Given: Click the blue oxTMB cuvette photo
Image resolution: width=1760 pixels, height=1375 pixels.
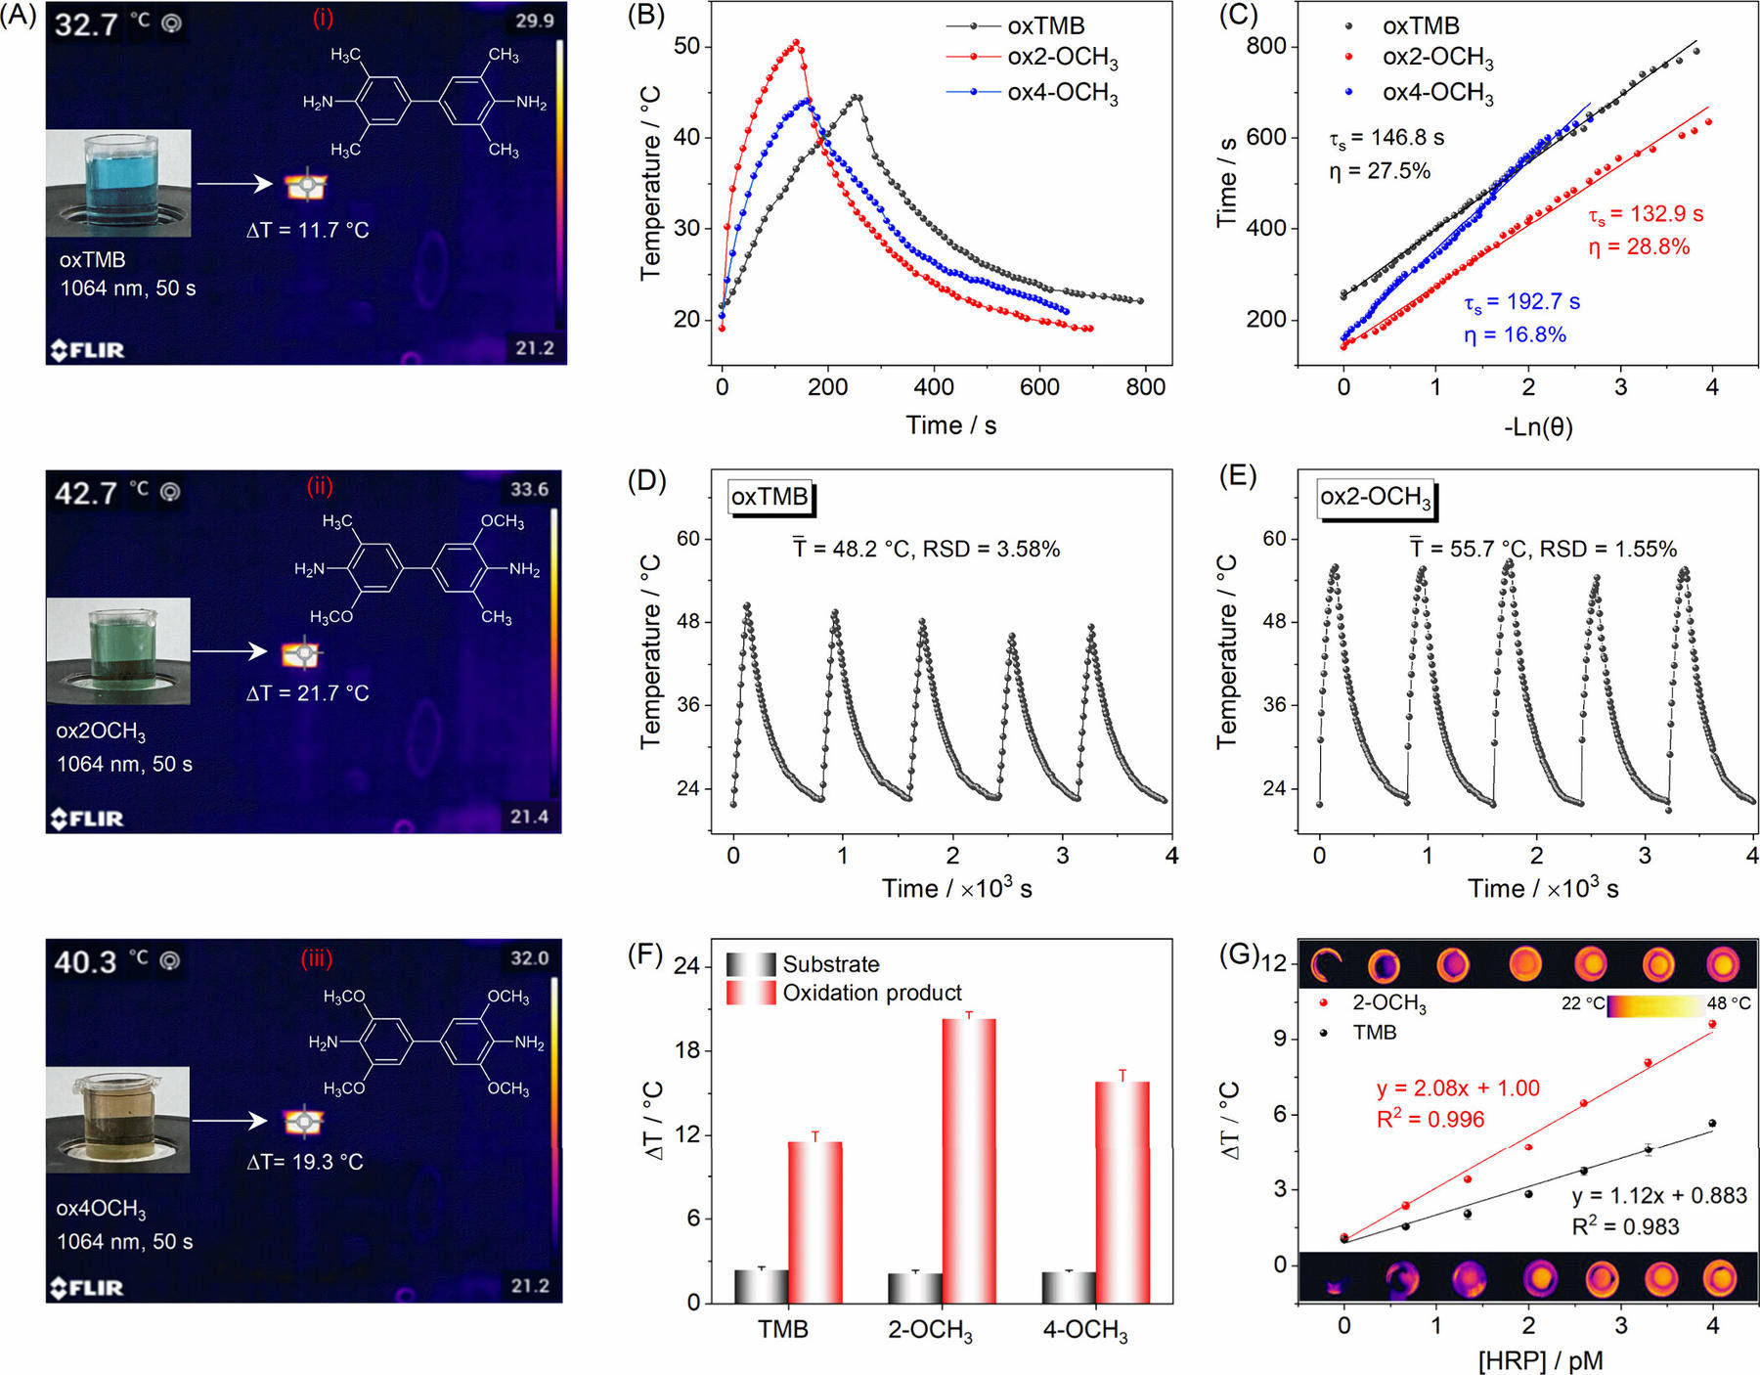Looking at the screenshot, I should click(x=118, y=183).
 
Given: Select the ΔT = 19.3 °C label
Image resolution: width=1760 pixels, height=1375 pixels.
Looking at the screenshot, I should click(x=305, y=1162).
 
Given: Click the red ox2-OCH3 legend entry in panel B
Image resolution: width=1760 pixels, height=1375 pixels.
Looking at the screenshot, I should click(x=1062, y=58).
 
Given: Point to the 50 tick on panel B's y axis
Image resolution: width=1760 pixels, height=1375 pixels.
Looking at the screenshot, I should click(x=687, y=46).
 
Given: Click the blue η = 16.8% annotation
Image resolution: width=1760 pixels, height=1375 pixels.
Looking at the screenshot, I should click(x=1515, y=335).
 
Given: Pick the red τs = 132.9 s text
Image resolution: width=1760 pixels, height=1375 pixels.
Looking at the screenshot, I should click(x=1646, y=215).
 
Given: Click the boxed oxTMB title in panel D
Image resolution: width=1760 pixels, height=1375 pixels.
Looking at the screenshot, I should click(x=770, y=497).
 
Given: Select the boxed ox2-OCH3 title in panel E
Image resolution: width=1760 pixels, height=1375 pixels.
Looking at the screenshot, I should click(x=1376, y=498).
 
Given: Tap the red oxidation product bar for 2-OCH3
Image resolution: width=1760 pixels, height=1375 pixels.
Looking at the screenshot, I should click(x=968, y=1161).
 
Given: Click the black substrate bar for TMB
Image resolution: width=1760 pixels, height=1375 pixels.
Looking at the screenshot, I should click(x=761, y=1285).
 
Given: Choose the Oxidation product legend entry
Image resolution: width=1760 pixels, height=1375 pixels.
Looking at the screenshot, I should click(x=871, y=994).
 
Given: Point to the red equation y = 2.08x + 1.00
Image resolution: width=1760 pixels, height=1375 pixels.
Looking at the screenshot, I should click(x=1458, y=1088).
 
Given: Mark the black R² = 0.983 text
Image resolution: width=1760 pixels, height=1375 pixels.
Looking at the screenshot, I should click(x=1625, y=1227).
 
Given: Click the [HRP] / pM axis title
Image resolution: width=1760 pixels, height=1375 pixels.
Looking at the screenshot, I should click(x=1540, y=1360).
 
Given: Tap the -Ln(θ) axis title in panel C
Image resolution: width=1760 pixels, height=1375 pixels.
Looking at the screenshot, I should click(x=1538, y=427).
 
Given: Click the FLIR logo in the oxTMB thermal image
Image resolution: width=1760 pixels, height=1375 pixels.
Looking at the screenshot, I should click(x=88, y=349).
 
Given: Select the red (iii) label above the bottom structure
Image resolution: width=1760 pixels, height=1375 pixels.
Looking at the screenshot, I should click(x=316, y=958).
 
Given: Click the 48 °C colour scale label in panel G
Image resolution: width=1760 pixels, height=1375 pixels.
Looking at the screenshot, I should click(x=1729, y=1003).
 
